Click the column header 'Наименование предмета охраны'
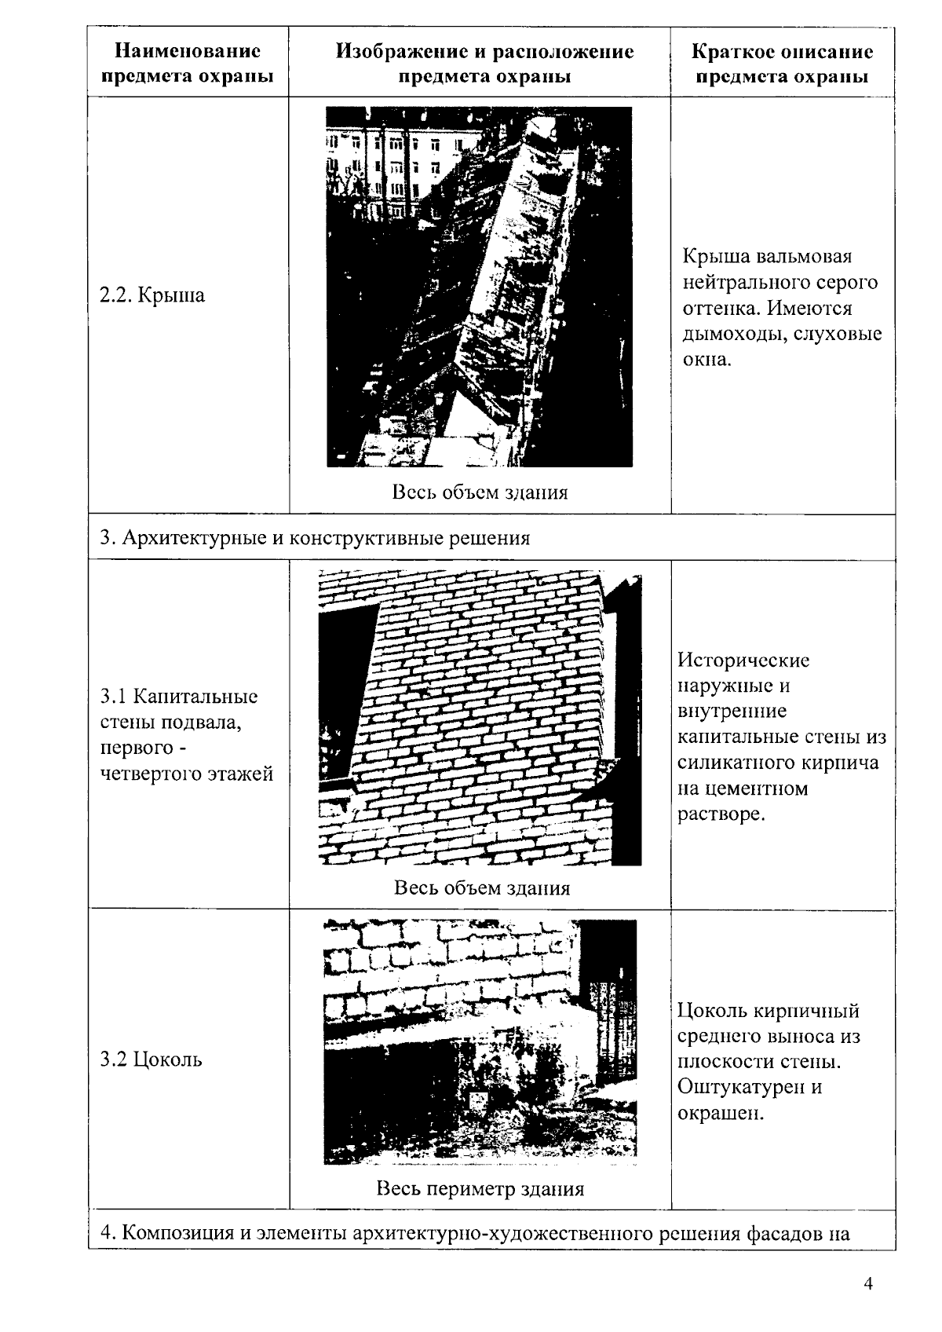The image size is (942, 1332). point(188,64)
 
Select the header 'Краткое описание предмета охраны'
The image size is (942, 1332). point(782,64)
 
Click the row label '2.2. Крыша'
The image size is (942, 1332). point(152,295)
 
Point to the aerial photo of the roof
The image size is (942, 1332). point(479,287)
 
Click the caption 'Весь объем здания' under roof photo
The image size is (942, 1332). point(480,492)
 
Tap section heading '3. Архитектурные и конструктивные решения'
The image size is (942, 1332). point(315,538)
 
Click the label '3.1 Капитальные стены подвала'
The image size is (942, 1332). point(179,709)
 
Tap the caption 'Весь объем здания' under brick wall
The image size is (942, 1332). point(481,887)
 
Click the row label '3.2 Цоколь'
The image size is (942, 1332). point(151,1059)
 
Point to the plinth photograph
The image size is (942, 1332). point(480,1041)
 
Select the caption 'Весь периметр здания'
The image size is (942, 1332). point(480,1188)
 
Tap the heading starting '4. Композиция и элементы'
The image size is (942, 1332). point(474,1232)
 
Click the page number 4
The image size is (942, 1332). point(868,1284)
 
